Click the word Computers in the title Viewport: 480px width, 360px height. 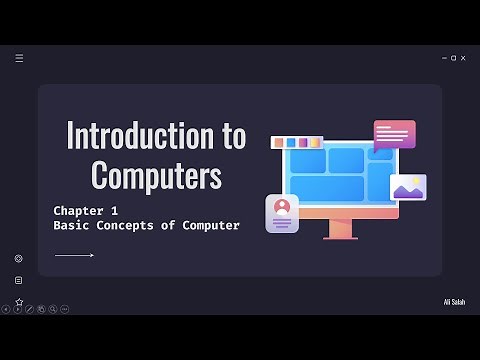156,175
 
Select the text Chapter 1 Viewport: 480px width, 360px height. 86,211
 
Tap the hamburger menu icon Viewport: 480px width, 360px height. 19,58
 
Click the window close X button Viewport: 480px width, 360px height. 463,58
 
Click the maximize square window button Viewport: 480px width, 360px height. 454,58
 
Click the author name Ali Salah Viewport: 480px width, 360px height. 454,301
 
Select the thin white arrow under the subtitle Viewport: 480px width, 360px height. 74,256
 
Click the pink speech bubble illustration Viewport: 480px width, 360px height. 394,134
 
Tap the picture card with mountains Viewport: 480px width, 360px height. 408,187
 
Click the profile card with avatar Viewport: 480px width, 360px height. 282,213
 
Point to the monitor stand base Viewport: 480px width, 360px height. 340,236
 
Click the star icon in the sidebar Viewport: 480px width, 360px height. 18,301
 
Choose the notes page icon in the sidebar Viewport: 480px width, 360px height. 18,280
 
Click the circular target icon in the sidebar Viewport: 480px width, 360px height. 18,258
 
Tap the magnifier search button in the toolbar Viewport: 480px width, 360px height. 52,310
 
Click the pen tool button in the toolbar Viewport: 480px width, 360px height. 29,310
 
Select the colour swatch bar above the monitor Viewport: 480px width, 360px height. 296,143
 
